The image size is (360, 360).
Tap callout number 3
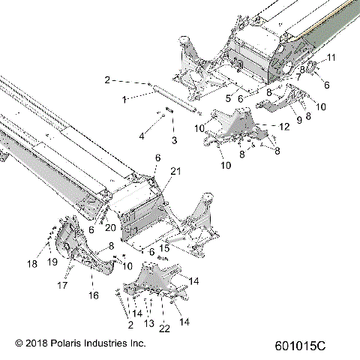coord(174,139)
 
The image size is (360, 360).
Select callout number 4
coord(141,136)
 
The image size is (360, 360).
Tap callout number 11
coord(331,58)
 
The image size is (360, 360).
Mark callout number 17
coord(64,285)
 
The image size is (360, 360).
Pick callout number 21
coord(175,172)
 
